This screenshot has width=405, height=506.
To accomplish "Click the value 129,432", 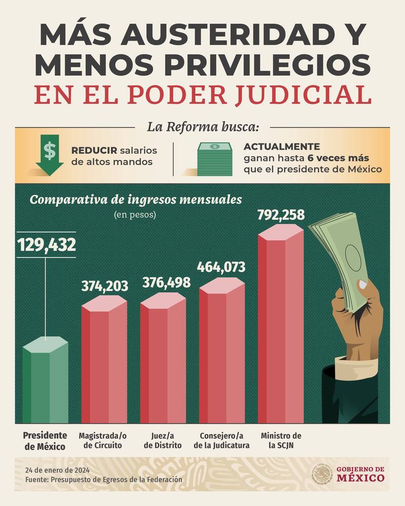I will [x=47, y=245].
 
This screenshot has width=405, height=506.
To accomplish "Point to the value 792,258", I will [x=281, y=215].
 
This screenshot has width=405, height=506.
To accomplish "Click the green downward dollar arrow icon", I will [x=50, y=156].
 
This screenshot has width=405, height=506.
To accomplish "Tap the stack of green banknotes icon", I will [x=214, y=158].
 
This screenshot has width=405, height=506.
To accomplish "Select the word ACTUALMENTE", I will [x=281, y=147].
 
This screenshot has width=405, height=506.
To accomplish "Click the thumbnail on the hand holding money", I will [x=362, y=285].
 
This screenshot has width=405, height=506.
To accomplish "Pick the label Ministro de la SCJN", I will [x=281, y=440].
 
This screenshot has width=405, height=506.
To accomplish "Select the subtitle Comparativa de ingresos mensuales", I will [x=136, y=199].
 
